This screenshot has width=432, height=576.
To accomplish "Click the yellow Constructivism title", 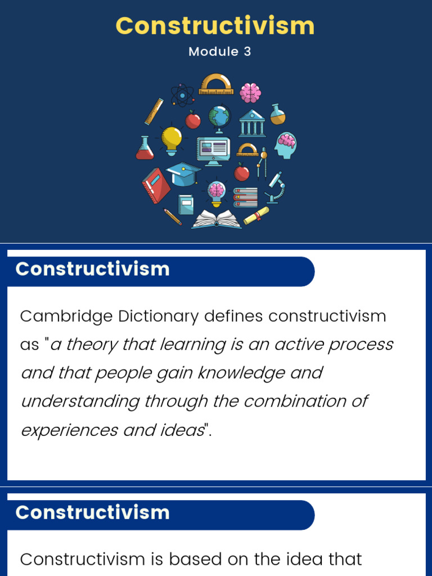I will pos(215,26).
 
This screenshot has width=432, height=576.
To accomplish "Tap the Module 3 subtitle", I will pos(219,52).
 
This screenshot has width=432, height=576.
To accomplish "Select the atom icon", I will pos(182,94).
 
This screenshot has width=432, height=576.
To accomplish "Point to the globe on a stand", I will pos(219,118).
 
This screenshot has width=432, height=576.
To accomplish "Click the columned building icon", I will pos(252,123).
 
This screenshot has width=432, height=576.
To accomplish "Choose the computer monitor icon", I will pos(213,151).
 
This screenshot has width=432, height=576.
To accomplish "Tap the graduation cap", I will pos(183,174).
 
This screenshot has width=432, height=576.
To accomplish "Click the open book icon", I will pos(217,219).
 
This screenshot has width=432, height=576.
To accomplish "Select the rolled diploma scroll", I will pos(256,215).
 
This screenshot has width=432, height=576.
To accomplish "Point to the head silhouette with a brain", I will pos(285,146).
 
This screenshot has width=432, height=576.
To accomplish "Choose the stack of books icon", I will pos(245,197).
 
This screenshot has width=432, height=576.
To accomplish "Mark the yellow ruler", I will pos(154,111).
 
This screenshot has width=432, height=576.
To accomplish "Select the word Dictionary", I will pos(158,317).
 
